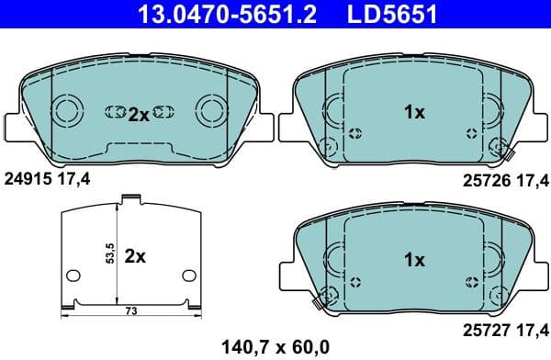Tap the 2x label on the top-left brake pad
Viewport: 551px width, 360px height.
click(138, 114)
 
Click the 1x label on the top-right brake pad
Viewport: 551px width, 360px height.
click(414, 113)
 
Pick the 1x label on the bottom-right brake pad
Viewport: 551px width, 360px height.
click(414, 260)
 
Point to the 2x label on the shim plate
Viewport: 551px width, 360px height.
click(135, 256)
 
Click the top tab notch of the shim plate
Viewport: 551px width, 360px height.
click(132, 197)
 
